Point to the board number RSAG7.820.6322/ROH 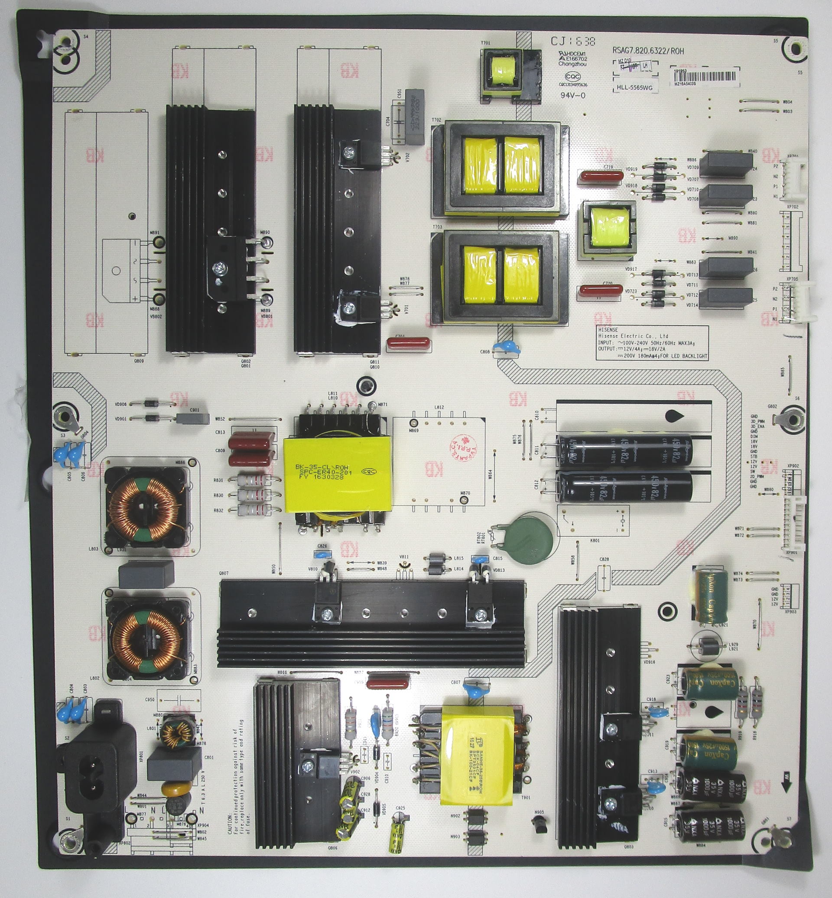(x=648, y=51)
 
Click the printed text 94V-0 (x=573, y=95)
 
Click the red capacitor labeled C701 (x=409, y=345)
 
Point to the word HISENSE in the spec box (x=608, y=330)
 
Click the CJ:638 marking (x=573, y=42)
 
